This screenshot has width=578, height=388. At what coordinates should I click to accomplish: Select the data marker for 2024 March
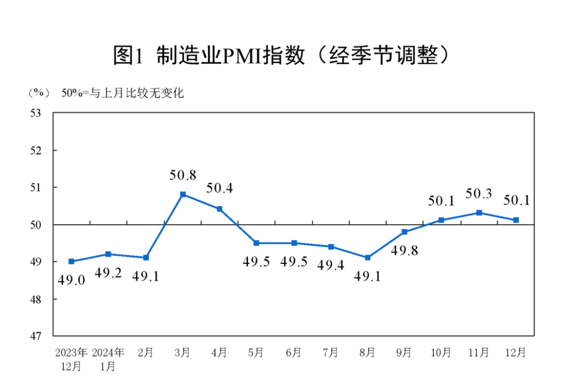point(182,194)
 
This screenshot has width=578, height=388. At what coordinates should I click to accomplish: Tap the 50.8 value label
point(182,174)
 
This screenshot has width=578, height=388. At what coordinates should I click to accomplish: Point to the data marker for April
point(219,209)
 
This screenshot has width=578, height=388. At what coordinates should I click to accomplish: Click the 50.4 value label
point(219,188)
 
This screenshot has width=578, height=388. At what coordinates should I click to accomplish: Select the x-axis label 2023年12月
point(71,359)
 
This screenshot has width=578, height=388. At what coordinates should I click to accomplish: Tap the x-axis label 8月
point(367,353)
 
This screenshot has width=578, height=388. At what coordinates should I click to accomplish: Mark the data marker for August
point(367,257)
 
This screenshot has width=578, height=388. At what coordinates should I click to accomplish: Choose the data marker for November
point(479,212)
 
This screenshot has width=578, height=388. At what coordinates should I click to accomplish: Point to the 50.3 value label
point(479,193)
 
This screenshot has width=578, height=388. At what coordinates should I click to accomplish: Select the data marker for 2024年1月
point(108,254)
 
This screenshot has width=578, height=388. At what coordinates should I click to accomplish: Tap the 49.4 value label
point(331,264)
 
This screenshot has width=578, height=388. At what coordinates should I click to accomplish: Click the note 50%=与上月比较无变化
point(123,93)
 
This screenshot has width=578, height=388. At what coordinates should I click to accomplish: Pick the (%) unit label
point(39,93)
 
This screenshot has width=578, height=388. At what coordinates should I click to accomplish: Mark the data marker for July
point(331,247)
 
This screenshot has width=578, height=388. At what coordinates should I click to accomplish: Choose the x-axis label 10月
point(441,353)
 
